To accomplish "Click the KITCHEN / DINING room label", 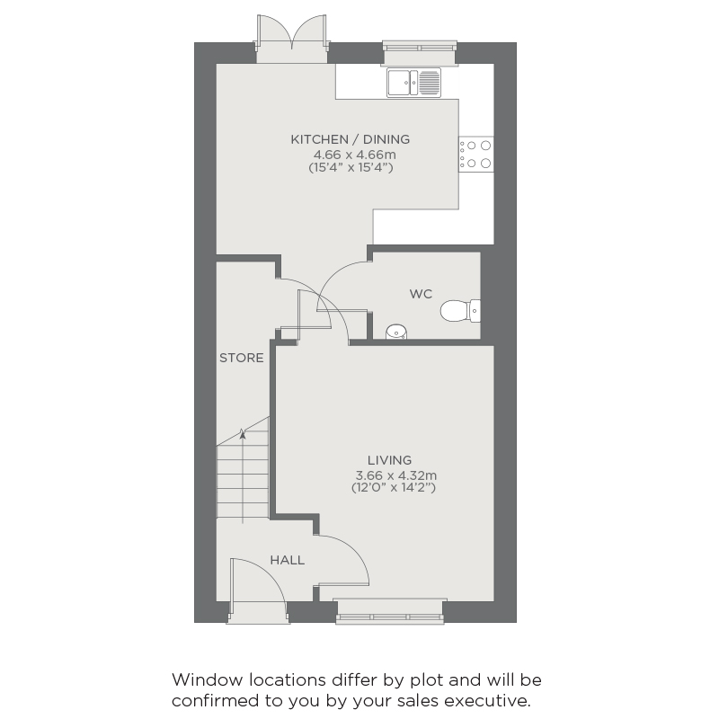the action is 351,139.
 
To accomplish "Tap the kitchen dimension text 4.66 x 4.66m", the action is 354,155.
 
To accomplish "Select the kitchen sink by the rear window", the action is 413,83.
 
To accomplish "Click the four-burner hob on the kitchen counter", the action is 476,154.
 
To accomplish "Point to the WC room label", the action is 421,294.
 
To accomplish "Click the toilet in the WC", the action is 460,311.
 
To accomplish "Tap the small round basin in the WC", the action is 396,332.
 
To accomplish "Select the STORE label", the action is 241,358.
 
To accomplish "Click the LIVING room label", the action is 389,460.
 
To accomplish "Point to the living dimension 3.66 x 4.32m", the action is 395,475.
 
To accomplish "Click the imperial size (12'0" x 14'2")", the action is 394,487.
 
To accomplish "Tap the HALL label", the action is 287,560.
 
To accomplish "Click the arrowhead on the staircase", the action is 243,433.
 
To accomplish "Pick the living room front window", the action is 390,611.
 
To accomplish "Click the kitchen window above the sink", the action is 420,53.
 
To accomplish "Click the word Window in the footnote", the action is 207,679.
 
